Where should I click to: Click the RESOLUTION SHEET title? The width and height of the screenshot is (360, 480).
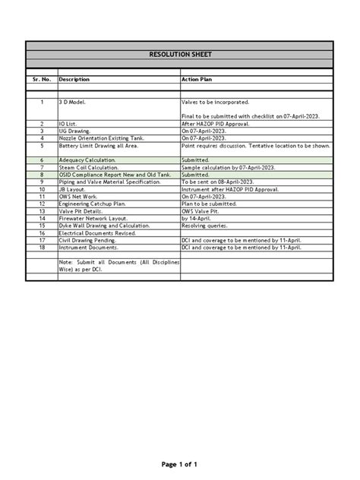click(x=179, y=55)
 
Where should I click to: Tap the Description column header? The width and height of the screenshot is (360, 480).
click(x=74, y=79)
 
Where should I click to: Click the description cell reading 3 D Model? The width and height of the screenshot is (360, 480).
click(x=74, y=101)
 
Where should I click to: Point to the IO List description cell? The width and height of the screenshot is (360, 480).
click(x=70, y=122)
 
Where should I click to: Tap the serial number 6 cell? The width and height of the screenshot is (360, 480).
click(x=43, y=161)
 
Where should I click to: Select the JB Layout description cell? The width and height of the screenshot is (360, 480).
click(x=74, y=189)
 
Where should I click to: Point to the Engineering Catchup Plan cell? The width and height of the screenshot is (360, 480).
click(x=92, y=204)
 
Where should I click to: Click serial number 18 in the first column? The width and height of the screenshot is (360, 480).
click(x=43, y=248)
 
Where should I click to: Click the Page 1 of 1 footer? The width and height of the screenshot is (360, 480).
click(x=179, y=464)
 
